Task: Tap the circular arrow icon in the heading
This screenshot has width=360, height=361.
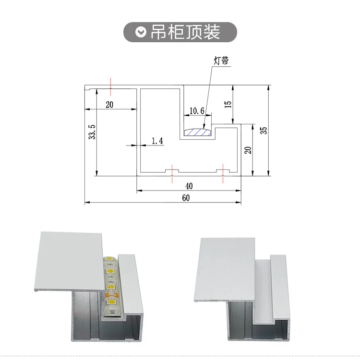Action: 140,32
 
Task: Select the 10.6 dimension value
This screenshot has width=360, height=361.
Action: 197,111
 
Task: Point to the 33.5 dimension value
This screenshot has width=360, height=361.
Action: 92,132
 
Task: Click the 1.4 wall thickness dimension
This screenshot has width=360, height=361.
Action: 157,141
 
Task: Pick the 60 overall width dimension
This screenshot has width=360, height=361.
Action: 186,198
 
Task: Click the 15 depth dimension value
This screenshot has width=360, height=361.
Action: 228,104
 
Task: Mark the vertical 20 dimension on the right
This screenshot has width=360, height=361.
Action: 248,150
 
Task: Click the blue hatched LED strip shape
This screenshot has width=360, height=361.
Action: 198,132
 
